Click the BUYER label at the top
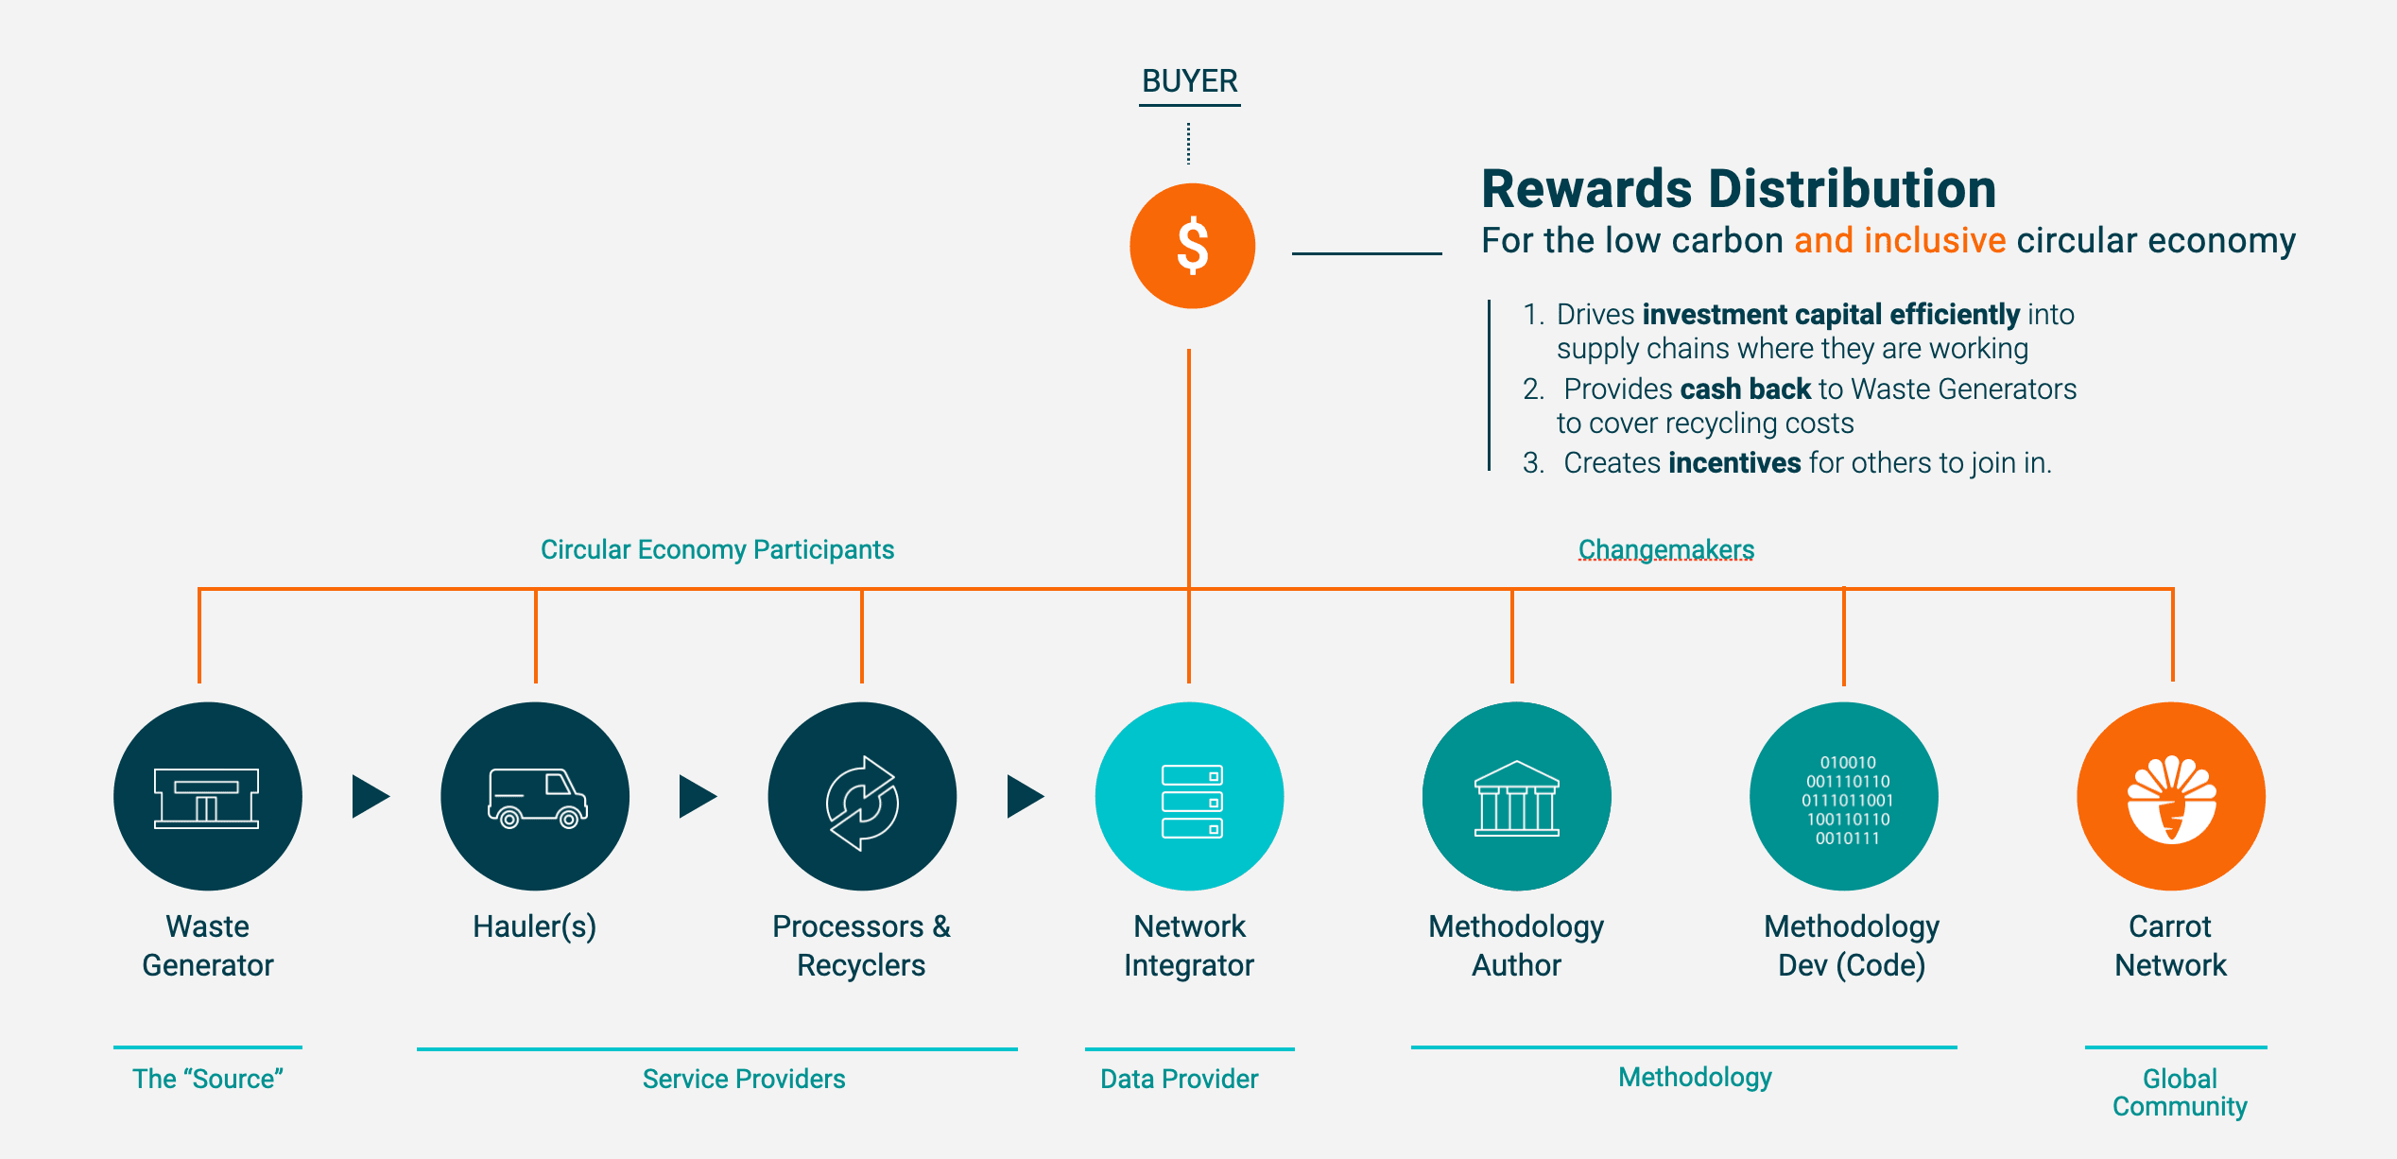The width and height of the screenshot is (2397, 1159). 1189,81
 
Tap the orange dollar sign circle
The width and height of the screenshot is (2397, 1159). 1192,246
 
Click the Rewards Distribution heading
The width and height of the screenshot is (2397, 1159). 1737,189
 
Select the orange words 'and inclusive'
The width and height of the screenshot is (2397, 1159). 1899,240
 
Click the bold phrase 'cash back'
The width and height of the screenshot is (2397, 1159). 1745,389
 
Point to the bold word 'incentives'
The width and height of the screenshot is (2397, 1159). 1734,462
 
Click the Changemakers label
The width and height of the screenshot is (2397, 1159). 1665,549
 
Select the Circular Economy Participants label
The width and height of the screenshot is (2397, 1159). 716,549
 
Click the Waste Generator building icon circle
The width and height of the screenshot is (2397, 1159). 207,796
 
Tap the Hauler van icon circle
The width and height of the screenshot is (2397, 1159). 535,796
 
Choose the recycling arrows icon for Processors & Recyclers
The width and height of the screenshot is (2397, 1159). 862,796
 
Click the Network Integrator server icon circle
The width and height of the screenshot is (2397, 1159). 1189,796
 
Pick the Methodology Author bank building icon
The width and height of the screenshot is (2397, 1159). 1516,796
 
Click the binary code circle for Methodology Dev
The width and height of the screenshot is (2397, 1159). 1844,796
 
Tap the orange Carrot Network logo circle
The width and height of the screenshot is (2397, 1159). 2171,796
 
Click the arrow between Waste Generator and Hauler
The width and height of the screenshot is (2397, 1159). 370,796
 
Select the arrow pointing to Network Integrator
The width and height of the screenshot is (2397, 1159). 1025,796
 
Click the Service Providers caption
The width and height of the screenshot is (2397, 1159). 744,1079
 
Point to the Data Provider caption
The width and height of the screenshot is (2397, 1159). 1179,1079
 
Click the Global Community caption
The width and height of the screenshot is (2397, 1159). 2180,1092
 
